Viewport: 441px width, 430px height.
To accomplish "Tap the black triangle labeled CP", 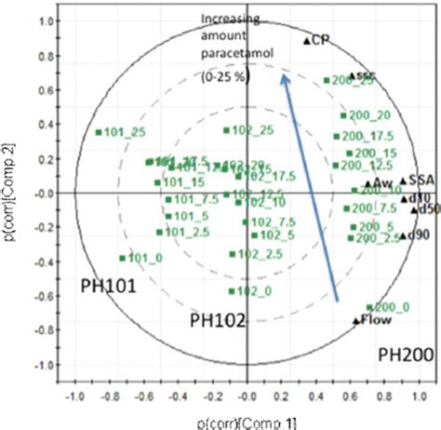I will (x=306, y=41).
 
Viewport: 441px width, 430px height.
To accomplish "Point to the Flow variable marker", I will (x=355, y=321).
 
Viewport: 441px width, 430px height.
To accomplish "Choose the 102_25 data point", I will (x=226, y=130).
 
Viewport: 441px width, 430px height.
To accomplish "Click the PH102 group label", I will (x=217, y=320).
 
